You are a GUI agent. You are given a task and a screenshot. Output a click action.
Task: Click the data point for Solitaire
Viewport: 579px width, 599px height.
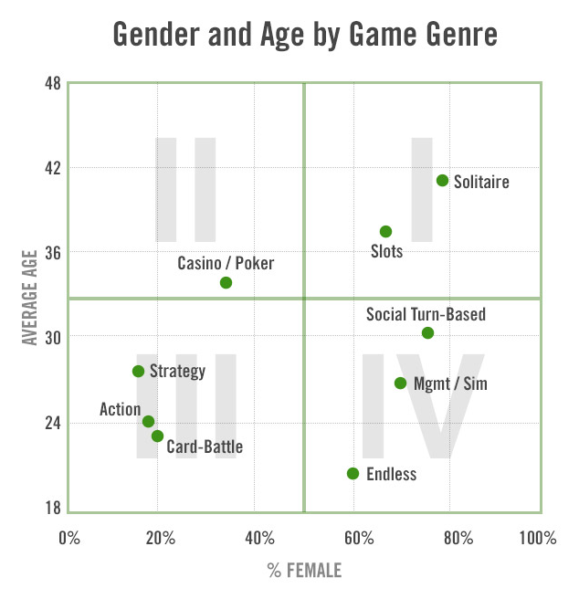[x=442, y=181]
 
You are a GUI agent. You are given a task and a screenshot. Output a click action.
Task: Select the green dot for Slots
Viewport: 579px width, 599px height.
[x=385, y=232]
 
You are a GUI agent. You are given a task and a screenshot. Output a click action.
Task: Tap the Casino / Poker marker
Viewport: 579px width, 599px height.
[x=226, y=283]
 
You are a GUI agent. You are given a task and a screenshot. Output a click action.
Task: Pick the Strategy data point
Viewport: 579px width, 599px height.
[x=138, y=372]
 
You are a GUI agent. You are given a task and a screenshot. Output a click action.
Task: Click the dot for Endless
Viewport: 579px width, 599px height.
[x=353, y=474]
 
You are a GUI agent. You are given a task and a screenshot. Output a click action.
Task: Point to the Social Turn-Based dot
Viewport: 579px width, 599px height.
[x=427, y=333]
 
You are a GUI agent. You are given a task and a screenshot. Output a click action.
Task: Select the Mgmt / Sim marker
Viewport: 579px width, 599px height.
[x=400, y=384]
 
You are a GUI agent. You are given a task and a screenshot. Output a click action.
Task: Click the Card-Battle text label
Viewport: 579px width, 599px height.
[x=205, y=447]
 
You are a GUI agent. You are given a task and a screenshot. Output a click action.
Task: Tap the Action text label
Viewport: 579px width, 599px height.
[x=120, y=410]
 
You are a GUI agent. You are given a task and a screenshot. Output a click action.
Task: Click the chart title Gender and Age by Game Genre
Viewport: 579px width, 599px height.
[x=305, y=34]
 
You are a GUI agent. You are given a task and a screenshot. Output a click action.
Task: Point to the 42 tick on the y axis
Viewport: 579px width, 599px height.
[x=51, y=168]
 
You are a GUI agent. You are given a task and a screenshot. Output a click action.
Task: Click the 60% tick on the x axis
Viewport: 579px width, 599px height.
[x=352, y=537]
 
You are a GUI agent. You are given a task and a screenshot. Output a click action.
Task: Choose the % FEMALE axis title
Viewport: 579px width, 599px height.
[x=304, y=572]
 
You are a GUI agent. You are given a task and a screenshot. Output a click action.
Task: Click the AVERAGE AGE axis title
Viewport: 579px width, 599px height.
[x=30, y=297]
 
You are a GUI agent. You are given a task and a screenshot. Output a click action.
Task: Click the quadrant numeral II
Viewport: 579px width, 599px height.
[x=185, y=189]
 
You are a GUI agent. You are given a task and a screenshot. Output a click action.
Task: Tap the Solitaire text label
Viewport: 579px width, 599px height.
[x=481, y=182]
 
